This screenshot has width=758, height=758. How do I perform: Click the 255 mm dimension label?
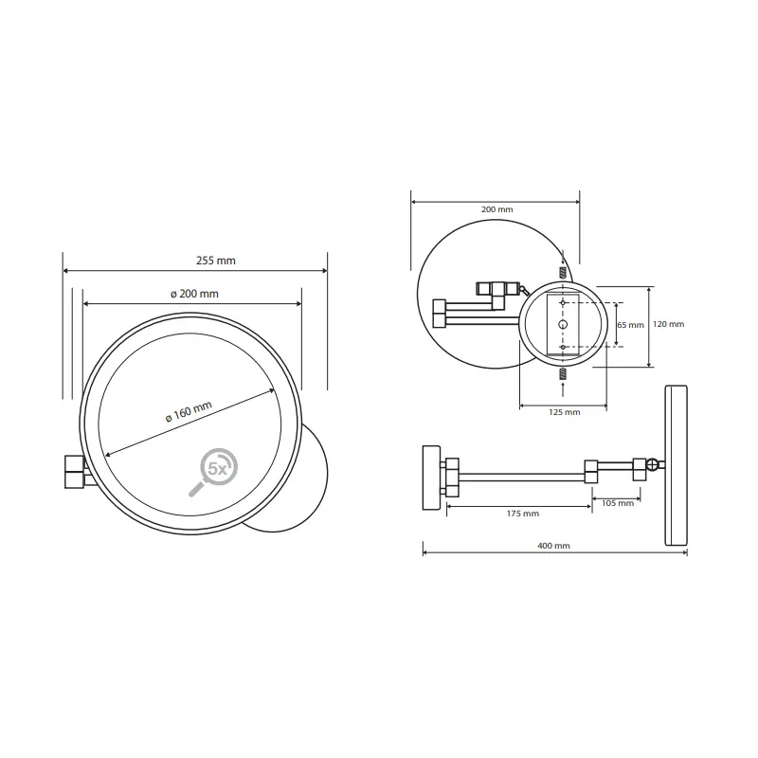tap(216, 261)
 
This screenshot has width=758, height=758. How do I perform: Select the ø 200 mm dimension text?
tap(194, 294)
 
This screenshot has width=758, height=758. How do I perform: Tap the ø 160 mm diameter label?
tap(189, 412)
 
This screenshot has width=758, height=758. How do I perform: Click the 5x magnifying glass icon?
tap(213, 472)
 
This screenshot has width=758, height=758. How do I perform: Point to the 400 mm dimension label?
tap(553, 546)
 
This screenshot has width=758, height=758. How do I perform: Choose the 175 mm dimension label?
tap(523, 514)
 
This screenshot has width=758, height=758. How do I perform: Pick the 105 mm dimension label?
tap(618, 503)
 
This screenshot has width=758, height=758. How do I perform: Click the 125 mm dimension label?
tap(564, 412)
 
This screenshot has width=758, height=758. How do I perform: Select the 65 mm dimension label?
tap(630, 325)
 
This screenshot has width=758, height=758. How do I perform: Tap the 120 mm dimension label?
tap(669, 324)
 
